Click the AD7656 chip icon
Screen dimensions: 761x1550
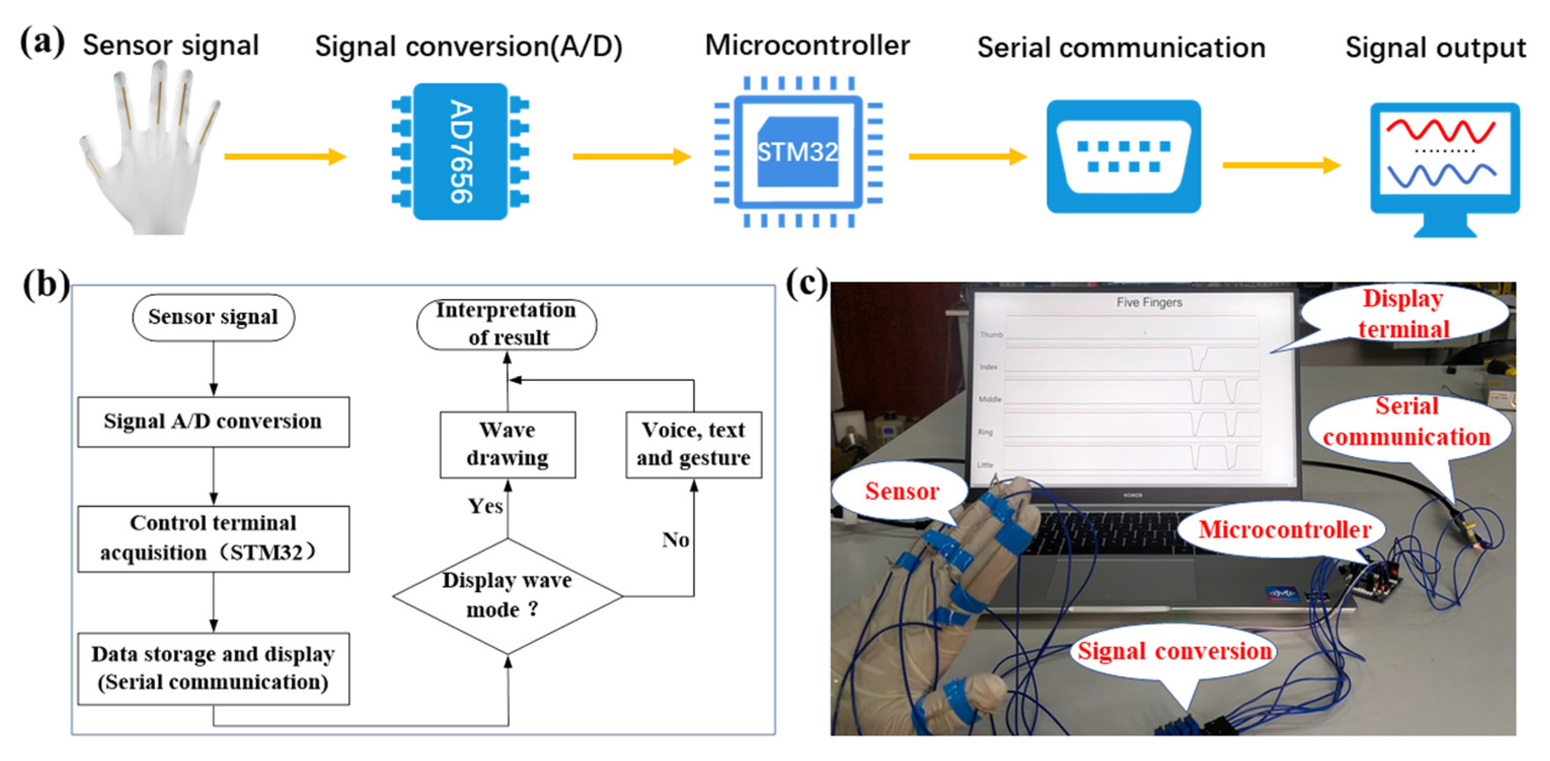[460, 151]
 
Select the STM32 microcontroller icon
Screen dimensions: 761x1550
[798, 151]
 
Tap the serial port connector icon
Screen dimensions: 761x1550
[1123, 157]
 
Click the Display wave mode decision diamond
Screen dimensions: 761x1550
[507, 595]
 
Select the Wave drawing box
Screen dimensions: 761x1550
[507, 444]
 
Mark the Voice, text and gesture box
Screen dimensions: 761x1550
[694, 444]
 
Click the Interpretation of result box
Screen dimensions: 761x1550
[507, 324]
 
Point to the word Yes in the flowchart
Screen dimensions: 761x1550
[485, 506]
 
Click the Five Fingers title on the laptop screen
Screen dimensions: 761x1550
[1149, 302]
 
